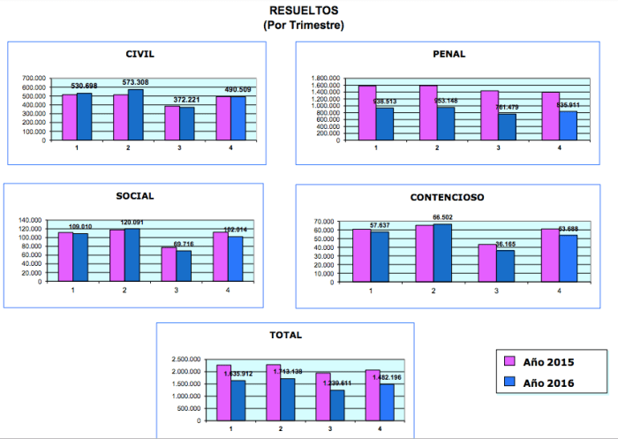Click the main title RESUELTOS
304,11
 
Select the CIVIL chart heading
139,54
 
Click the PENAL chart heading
449,54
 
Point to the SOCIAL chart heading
134,195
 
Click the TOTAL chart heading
285,335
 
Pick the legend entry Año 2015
539,361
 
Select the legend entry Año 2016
539,382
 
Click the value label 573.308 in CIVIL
135,82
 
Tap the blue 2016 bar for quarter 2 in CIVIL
135,115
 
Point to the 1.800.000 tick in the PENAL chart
324,78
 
